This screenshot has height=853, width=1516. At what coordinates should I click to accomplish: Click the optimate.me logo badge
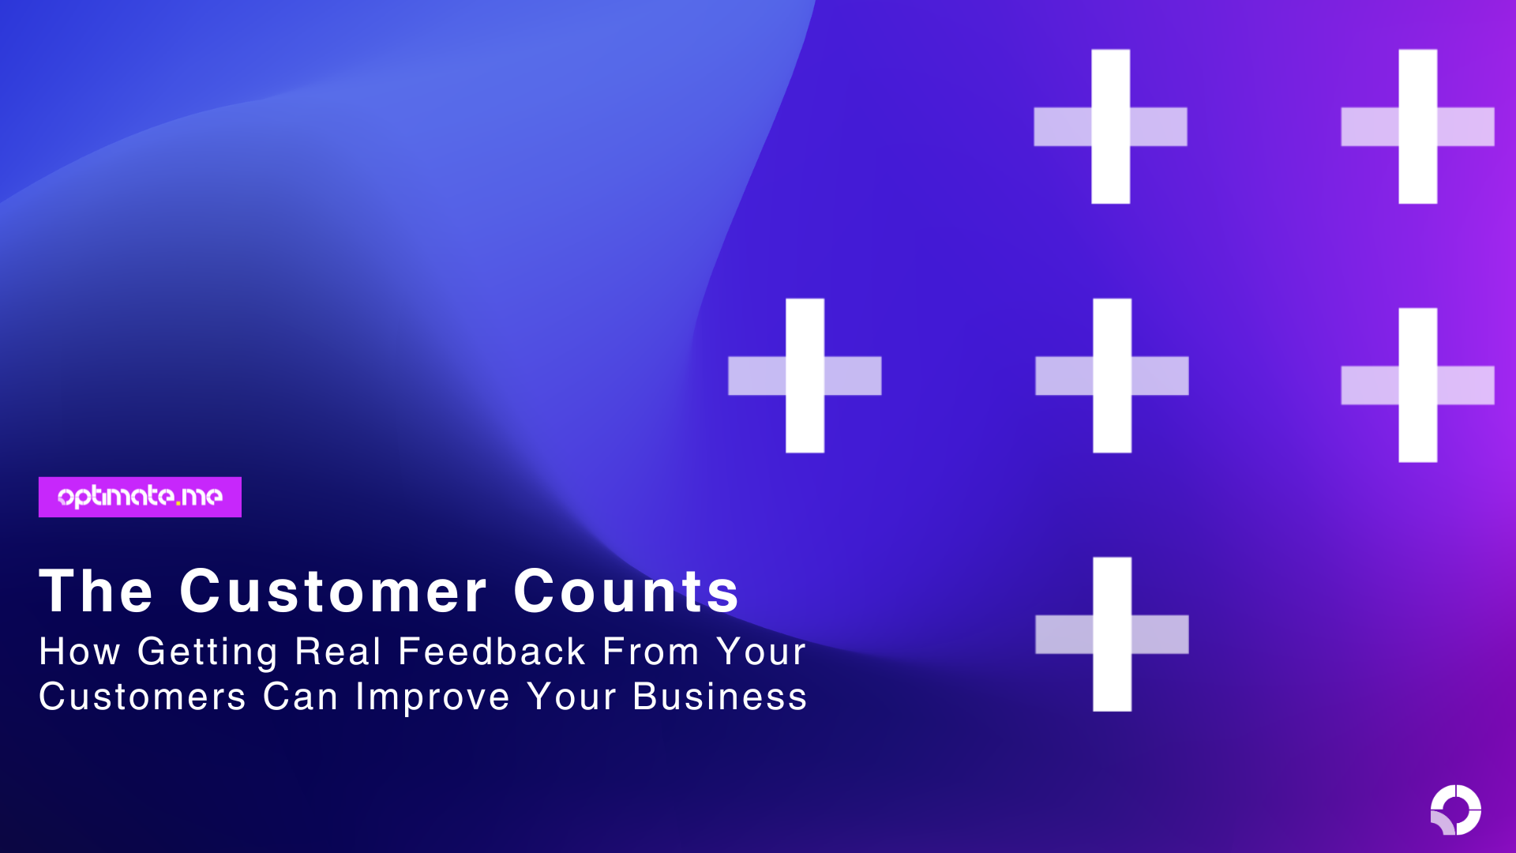(140, 497)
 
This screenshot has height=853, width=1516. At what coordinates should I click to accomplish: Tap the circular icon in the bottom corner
(1455, 810)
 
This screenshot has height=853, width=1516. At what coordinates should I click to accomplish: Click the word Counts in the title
(626, 591)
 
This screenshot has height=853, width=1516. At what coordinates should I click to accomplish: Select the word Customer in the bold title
(333, 591)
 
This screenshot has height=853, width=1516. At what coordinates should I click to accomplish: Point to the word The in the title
(96, 591)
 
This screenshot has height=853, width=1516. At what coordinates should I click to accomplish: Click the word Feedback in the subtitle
(492, 652)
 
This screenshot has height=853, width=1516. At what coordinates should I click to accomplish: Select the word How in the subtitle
(80, 652)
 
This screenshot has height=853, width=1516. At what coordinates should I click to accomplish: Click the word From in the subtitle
(651, 652)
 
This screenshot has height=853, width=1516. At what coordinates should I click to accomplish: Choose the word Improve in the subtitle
(433, 698)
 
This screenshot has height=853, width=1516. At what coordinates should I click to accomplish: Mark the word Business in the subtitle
(720, 697)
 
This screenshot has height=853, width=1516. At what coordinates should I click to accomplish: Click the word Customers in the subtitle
(143, 697)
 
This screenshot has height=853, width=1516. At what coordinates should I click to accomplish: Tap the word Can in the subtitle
(301, 697)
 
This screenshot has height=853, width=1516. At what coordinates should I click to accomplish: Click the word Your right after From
(761, 652)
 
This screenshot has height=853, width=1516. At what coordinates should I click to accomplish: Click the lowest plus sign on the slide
(1112, 634)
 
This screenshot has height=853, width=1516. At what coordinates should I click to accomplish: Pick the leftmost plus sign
(805, 375)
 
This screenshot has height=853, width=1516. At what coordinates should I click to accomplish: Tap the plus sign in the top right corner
(1417, 126)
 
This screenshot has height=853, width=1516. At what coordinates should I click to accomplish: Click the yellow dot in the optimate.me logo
(178, 502)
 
